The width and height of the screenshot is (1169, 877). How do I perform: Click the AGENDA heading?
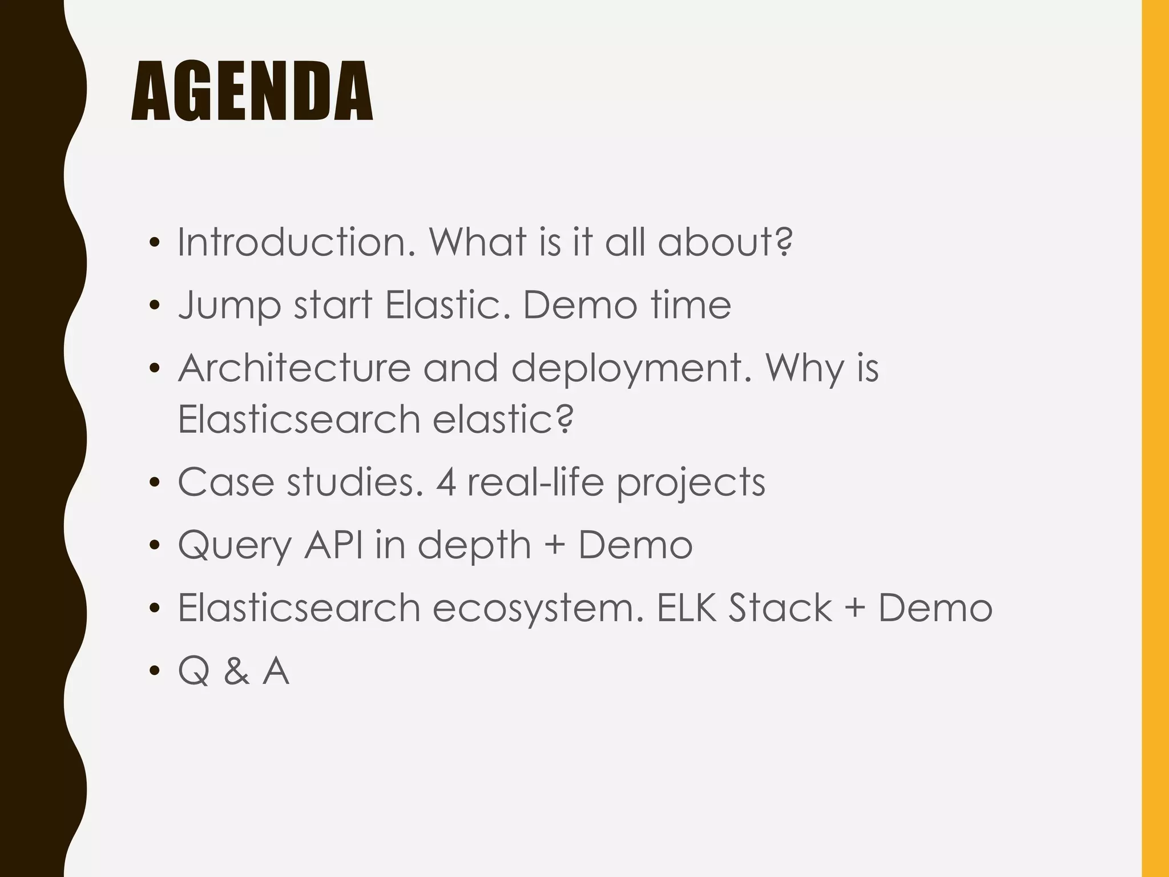[252, 92]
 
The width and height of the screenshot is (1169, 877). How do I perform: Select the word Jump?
[229, 306]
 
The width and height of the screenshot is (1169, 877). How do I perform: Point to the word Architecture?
[294, 368]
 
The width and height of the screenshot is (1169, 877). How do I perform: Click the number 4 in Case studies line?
[446, 482]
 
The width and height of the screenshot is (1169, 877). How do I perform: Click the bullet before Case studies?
[154, 484]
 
